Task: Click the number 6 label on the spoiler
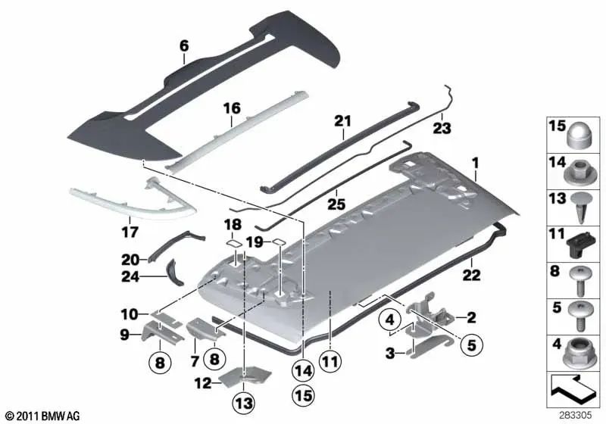[184, 46]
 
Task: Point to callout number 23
[441, 128]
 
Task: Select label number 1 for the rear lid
[476, 162]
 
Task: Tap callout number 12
[202, 383]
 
